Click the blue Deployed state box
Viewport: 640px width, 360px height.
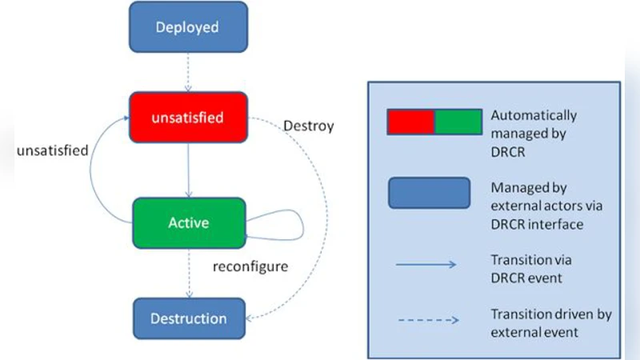[187, 27]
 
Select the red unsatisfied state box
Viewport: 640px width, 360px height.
[187, 117]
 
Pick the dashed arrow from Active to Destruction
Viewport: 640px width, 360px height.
[187, 272]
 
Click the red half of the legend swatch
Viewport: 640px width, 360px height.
[410, 122]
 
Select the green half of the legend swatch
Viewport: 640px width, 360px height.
[458, 122]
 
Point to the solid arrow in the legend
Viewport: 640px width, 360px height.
[428, 265]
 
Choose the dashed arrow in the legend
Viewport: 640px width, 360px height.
[428, 320]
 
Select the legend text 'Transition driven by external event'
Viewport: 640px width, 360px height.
[550, 322]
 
